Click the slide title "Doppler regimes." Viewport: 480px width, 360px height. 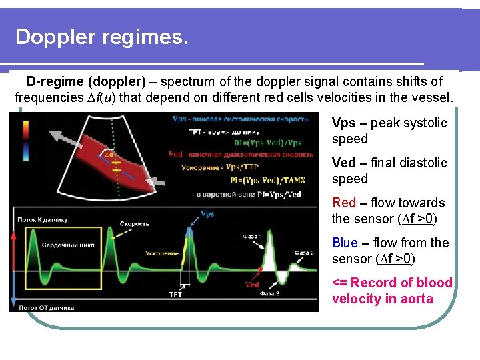[102, 37]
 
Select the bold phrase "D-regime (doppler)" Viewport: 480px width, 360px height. [86, 82]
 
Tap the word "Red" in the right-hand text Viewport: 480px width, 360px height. [344, 203]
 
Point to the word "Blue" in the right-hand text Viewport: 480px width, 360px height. [345, 243]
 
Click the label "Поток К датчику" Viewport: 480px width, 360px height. [43, 219]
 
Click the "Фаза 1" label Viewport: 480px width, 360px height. [252, 236]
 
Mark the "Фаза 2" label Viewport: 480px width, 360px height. [270, 294]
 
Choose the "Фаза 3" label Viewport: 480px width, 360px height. [303, 253]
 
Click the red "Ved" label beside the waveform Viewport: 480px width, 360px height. [252, 285]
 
